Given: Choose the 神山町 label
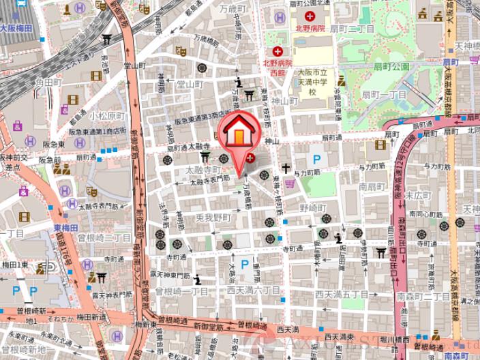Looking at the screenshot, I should pos(284,101).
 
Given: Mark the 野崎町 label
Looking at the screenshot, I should pos(315,207).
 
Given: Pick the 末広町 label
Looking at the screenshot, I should pos(415,194).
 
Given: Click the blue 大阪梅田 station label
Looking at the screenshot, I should pos(16,29).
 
